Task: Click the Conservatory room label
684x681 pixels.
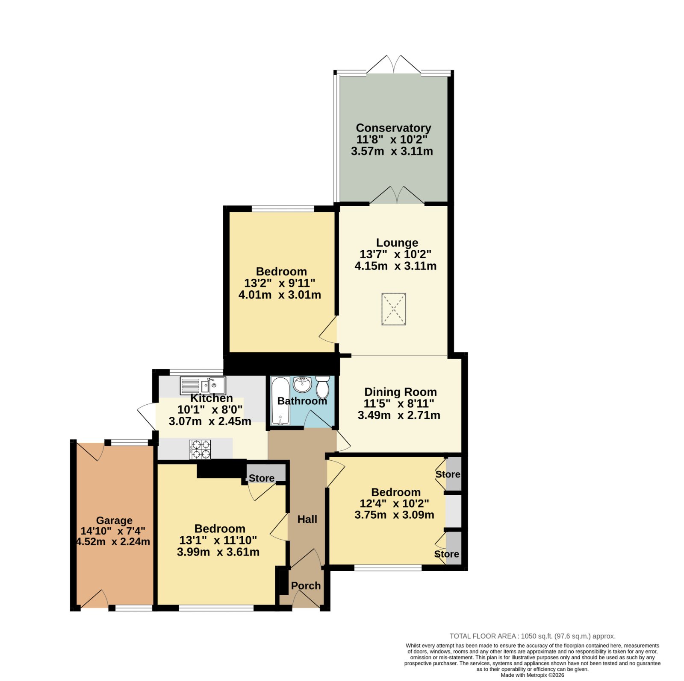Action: point(393,128)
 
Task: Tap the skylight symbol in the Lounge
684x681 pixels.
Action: point(393,309)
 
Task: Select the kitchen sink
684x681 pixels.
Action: point(203,386)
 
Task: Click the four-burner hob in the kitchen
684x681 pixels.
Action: point(200,449)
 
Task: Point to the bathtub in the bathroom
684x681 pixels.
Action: point(280,400)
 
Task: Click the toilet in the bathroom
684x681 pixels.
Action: point(322,387)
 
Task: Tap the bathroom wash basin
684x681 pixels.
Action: point(302,384)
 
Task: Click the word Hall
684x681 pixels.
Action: point(307,519)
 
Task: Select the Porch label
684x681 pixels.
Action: point(306,585)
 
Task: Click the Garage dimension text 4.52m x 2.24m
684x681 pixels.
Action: point(113,542)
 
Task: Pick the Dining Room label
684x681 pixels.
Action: point(401,392)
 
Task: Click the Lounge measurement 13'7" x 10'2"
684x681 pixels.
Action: point(395,254)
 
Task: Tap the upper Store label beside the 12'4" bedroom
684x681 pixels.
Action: point(448,474)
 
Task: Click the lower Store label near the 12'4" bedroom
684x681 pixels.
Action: point(446,554)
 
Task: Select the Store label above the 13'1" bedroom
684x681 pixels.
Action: point(262,478)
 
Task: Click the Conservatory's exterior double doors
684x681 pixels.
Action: point(393,64)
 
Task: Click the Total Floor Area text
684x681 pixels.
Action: point(532,636)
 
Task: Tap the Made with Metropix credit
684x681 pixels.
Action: point(532,675)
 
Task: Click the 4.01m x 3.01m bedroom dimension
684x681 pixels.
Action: point(280,295)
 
